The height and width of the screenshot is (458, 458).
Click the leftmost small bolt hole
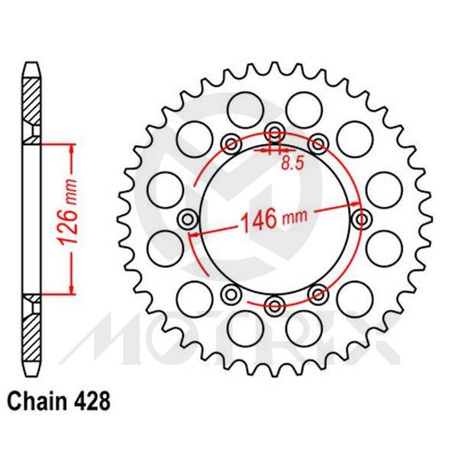185,219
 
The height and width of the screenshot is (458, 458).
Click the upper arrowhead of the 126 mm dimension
73,147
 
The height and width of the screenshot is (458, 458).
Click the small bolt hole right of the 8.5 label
318,142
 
